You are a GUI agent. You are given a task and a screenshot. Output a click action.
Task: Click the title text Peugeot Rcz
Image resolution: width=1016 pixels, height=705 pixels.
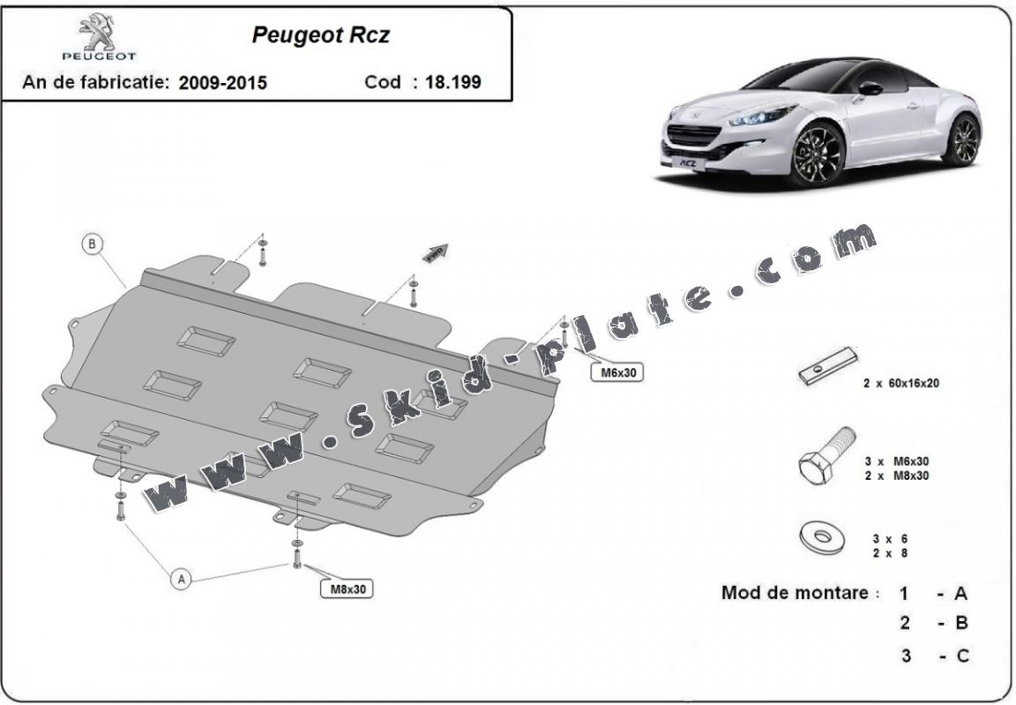(x=321, y=35)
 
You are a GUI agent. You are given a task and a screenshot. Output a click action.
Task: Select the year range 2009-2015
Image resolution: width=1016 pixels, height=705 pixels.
(x=222, y=83)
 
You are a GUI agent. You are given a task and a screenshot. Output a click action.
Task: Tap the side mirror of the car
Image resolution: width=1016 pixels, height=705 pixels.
(x=870, y=87)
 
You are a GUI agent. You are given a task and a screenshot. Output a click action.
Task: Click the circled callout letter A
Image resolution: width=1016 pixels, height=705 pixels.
(x=181, y=579)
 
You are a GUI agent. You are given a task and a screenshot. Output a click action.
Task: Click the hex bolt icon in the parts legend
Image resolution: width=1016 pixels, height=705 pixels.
(x=826, y=455)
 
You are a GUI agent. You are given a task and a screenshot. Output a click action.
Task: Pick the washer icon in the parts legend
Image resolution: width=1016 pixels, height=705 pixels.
(x=821, y=536)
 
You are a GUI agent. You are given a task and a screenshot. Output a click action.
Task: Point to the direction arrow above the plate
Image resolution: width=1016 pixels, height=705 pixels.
(x=436, y=253)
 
